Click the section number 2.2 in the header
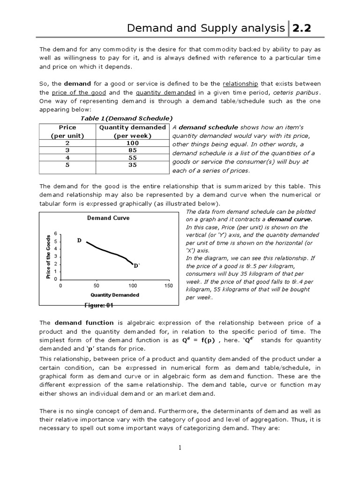tap(302, 29)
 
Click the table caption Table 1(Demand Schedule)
tap(127, 118)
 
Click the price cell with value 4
tap(67, 158)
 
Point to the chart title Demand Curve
tap(108, 218)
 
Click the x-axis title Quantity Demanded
tap(114, 295)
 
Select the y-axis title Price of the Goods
tap(48, 257)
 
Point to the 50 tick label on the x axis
tap(97, 285)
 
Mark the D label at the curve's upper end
tap(79, 240)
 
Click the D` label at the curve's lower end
tap(137, 266)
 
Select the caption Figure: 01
tap(98, 305)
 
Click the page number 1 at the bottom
tap(180, 448)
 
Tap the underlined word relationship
tap(240, 83)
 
